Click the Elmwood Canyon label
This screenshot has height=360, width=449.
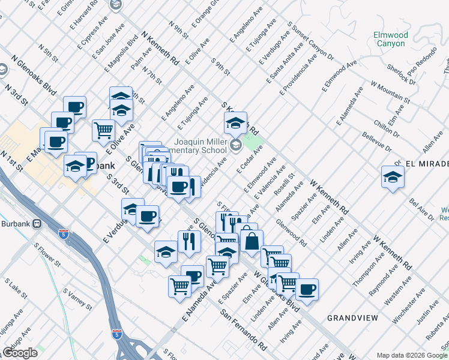click(x=390, y=39)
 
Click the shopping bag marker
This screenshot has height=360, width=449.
click(x=252, y=242)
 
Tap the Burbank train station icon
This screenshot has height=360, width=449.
click(x=37, y=223)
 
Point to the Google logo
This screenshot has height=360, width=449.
click(x=20, y=353)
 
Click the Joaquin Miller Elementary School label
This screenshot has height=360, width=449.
click(x=201, y=143)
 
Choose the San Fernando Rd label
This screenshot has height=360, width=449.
click(x=243, y=329)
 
